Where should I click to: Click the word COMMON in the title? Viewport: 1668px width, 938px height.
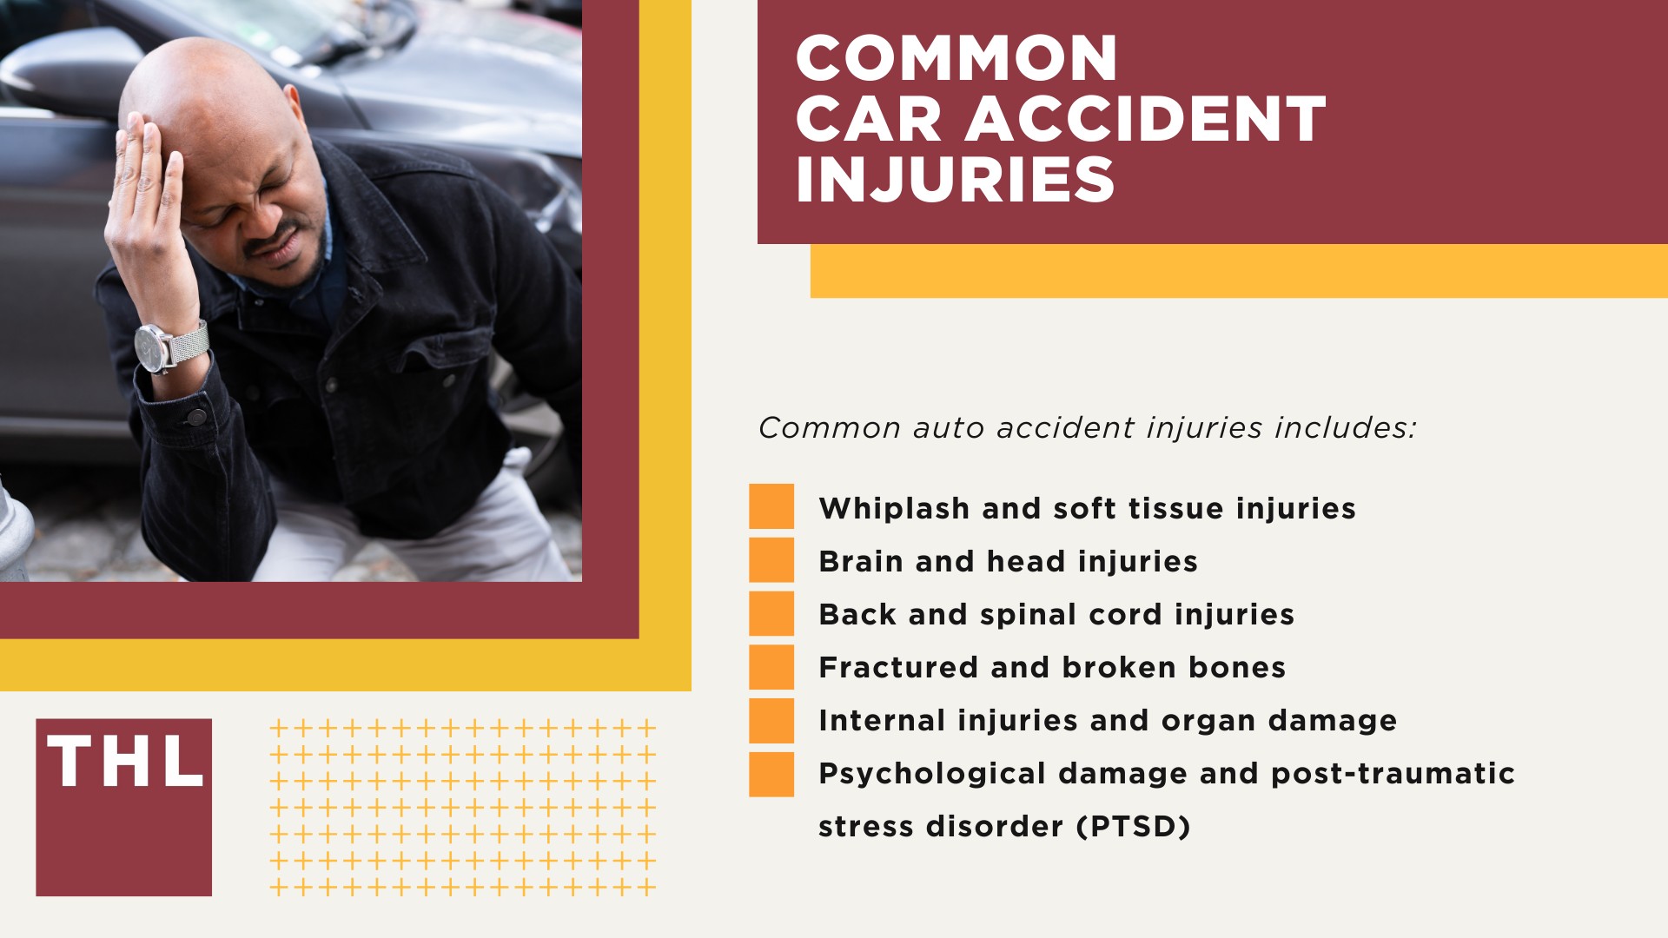[x=956, y=59]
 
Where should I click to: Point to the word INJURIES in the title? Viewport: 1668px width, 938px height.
[x=955, y=180]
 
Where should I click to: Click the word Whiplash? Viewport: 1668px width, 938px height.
[x=894, y=508]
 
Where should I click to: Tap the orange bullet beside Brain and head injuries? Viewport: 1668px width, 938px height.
[x=771, y=560]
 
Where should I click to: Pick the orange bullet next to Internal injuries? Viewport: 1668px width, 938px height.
[x=771, y=721]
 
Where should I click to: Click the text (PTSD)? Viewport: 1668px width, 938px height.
[x=1133, y=826]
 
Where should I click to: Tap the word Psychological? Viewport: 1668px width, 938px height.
[x=932, y=773]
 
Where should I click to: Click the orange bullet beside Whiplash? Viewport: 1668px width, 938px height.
[x=771, y=506]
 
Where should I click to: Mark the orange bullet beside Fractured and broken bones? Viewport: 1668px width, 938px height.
[x=771, y=667]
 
